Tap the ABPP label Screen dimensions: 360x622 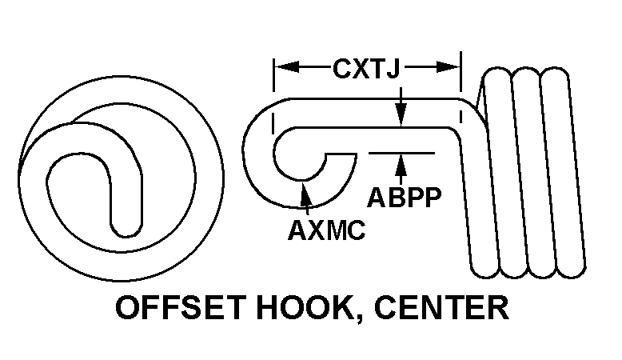404,197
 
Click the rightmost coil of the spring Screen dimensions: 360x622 558,172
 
